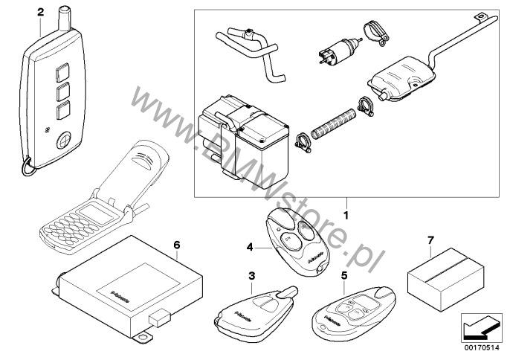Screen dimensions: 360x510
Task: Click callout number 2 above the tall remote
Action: (x=39, y=12)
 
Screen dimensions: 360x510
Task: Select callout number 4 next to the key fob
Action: (x=251, y=245)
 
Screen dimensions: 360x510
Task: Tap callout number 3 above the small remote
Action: (x=251, y=276)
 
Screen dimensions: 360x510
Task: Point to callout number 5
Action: (x=344, y=275)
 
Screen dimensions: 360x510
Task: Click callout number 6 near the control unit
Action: (x=176, y=244)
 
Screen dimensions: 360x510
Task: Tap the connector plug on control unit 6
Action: (x=160, y=318)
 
